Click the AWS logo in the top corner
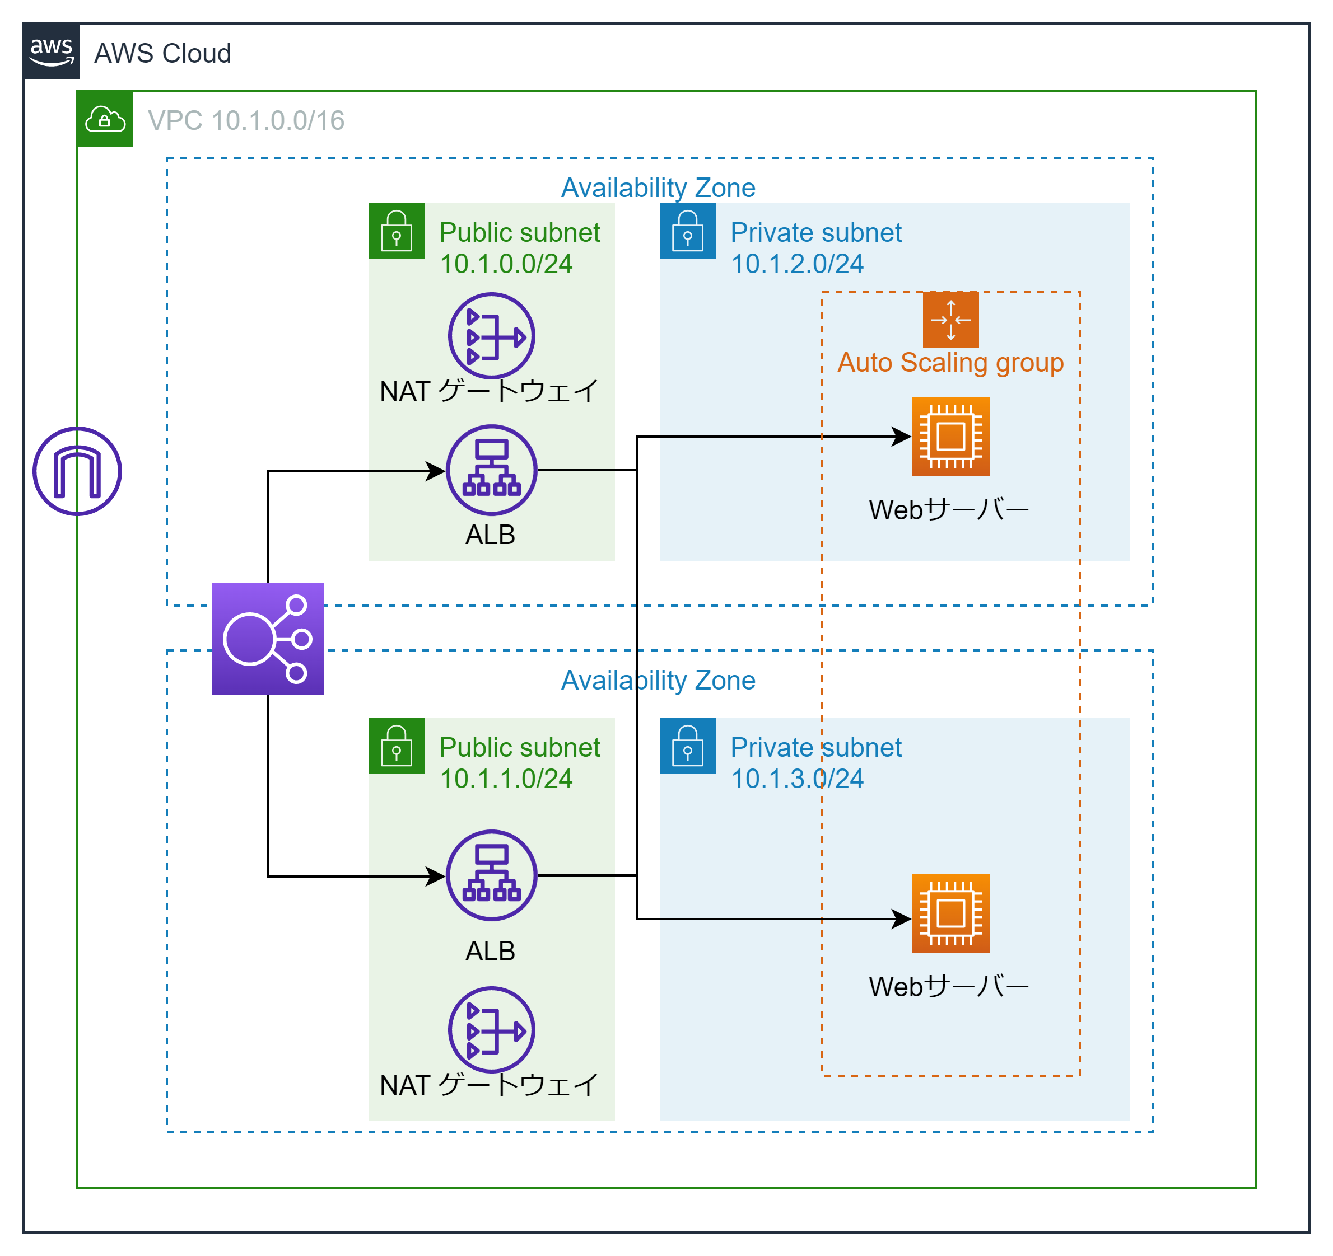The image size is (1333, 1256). point(51,51)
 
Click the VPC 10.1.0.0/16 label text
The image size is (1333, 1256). point(245,121)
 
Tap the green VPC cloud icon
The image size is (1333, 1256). point(105,119)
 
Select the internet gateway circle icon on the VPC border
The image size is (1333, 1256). point(77,471)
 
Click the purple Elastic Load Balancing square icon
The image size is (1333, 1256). point(268,639)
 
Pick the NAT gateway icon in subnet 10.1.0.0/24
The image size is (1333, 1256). point(492,336)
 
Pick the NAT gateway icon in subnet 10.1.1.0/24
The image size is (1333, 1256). point(492,1029)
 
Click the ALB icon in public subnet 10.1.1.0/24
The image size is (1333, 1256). point(492,875)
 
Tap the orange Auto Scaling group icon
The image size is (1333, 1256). point(951,320)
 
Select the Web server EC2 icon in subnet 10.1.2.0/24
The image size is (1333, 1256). point(951,437)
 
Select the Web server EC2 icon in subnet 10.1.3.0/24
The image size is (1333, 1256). point(951,913)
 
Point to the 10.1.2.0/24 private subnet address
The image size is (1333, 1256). point(796,264)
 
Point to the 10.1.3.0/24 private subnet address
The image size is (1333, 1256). point(796,779)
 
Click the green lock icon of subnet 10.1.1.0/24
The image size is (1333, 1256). point(397,746)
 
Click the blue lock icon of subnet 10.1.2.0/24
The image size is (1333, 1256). point(687,231)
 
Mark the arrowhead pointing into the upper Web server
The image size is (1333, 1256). point(902,437)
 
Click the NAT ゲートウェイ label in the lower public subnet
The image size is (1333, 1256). point(489,1084)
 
